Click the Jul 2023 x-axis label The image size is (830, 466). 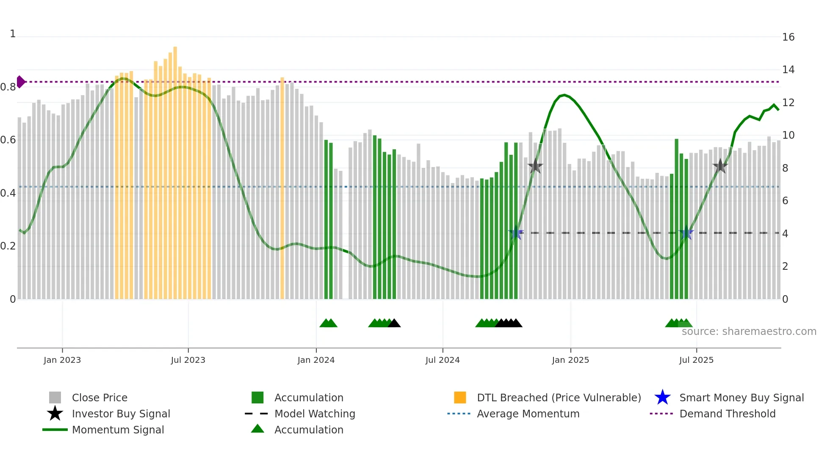(188, 360)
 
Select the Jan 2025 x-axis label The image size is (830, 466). (570, 360)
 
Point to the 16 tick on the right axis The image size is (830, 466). (788, 37)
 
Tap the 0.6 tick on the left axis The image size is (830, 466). (8, 140)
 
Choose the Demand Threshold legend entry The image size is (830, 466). (727, 414)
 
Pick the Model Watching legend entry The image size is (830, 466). (314, 414)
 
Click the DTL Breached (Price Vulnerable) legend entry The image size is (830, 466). (559, 397)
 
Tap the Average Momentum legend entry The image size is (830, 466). (528, 414)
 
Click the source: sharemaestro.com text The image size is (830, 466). (749, 331)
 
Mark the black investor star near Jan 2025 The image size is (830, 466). (535, 166)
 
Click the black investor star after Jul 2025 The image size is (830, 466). (720, 166)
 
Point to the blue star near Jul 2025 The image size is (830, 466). (686, 233)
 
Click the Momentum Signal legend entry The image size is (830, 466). (117, 430)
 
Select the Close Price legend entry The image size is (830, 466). (99, 397)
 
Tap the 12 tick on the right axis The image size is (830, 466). (788, 103)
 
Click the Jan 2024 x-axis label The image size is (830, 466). (316, 360)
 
